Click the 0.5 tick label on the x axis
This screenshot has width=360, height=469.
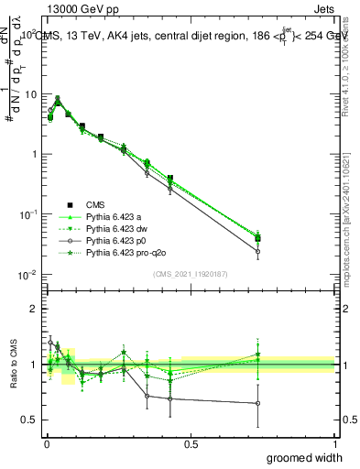click(190, 443)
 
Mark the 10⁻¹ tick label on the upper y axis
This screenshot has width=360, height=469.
click(27, 214)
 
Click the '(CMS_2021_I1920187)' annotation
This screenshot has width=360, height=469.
click(190, 273)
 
